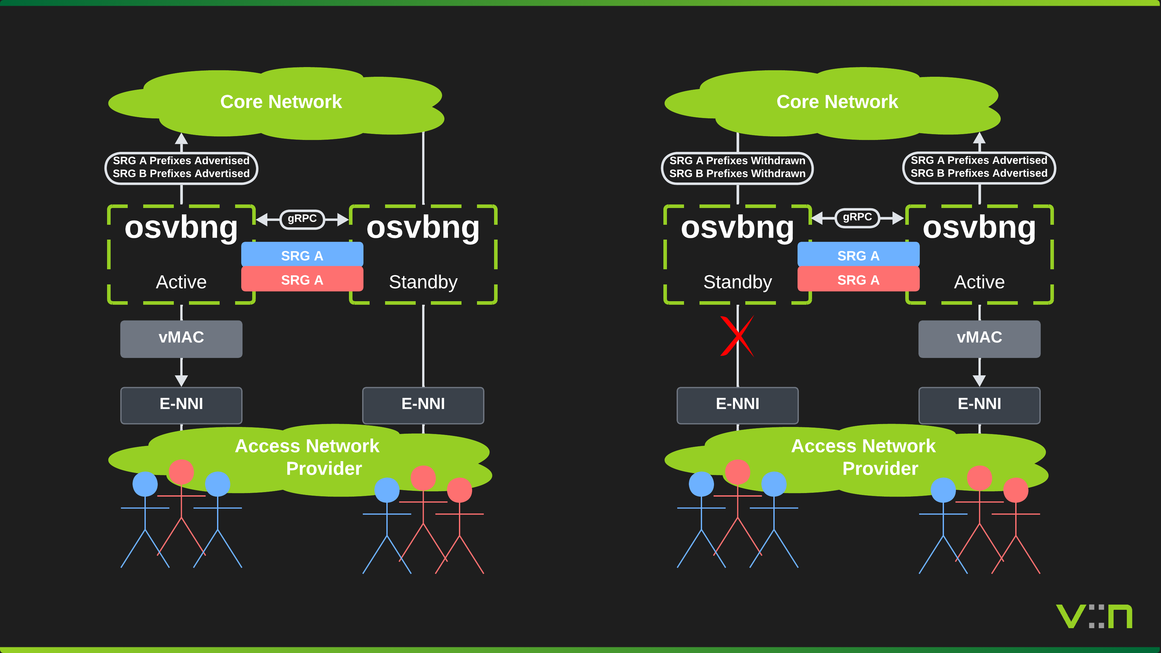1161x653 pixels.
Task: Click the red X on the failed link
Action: [x=737, y=336]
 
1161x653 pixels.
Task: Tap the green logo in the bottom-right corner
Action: [x=1094, y=617]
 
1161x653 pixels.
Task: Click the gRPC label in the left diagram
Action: [x=302, y=219]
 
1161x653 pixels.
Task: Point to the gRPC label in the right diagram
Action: [x=857, y=218]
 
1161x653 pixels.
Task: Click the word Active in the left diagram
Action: [x=181, y=282]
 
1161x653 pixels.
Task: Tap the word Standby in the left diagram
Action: [x=423, y=282]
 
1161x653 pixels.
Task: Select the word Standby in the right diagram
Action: [x=737, y=282]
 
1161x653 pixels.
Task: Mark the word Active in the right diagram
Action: [x=979, y=282]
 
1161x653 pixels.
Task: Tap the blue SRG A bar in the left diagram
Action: [x=302, y=255]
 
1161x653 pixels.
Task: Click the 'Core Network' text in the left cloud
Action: [x=281, y=102]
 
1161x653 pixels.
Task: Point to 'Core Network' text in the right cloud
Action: [x=837, y=102]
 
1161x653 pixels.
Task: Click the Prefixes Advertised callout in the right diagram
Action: [x=979, y=167]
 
